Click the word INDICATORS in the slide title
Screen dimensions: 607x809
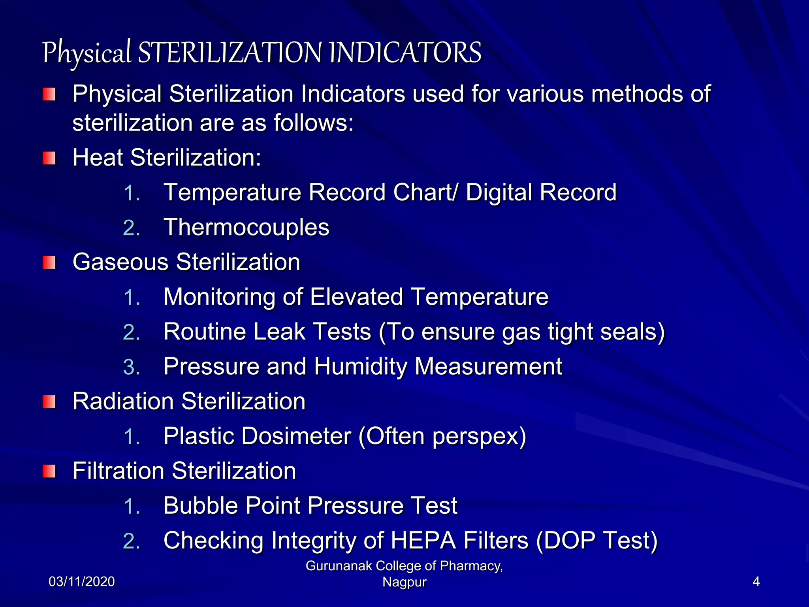point(405,53)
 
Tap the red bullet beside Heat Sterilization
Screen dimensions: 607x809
point(49,158)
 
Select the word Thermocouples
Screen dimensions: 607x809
point(246,227)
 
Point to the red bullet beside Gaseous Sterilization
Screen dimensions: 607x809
point(49,262)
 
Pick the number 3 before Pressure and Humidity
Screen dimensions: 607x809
point(131,367)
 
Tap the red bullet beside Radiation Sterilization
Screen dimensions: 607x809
point(49,402)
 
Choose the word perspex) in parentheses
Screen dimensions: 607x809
point(479,437)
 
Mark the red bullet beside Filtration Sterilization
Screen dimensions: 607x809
point(49,471)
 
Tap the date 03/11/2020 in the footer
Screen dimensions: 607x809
point(82,582)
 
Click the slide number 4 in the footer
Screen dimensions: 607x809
point(756,582)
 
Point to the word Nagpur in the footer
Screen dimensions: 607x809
point(404,582)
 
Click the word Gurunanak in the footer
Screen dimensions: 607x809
point(339,566)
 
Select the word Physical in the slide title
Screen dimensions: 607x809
point(87,53)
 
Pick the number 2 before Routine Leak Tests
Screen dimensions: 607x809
point(131,332)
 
